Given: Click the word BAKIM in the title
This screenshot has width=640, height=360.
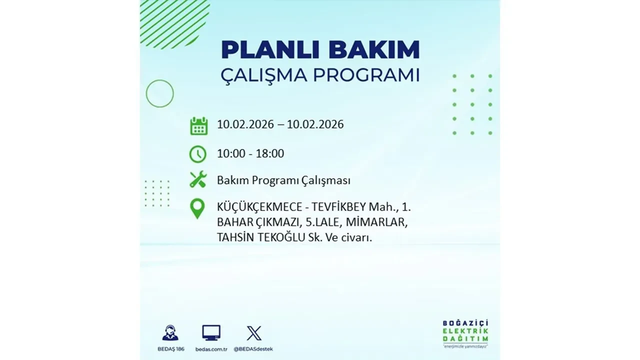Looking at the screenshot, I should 371,50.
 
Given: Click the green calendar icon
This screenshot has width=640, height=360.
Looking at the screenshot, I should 198,125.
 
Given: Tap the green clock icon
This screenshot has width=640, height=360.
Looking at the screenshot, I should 198,154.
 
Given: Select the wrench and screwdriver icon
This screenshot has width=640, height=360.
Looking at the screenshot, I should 198,179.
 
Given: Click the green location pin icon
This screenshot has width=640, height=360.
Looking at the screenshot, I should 197,208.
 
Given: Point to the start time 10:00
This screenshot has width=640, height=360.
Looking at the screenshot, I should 231,153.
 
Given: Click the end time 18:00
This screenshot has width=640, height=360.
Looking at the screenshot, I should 270,153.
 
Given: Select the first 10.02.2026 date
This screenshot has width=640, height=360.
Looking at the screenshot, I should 245,124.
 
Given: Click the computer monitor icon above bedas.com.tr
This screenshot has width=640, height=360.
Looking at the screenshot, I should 211,332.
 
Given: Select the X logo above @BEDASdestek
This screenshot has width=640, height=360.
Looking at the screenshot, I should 254,332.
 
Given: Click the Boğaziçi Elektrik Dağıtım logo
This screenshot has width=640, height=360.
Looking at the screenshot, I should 465,332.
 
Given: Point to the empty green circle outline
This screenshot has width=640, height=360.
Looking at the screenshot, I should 159,93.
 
